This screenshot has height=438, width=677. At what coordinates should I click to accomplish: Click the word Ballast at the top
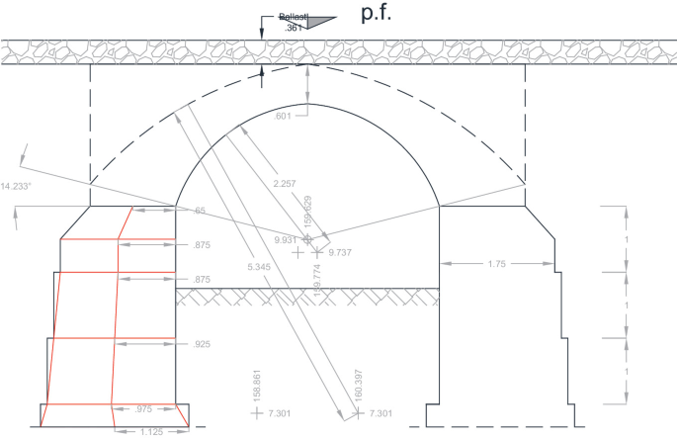click(294, 17)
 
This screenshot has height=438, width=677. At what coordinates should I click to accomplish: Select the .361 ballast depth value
click(294, 29)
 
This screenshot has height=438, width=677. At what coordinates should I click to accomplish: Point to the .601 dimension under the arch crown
click(285, 118)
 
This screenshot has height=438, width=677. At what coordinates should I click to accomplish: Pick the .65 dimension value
click(200, 211)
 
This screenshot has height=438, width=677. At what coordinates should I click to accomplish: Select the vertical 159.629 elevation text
click(307, 214)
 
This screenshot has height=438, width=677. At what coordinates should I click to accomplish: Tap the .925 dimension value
click(202, 344)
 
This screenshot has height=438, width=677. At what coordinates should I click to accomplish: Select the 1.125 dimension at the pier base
click(150, 431)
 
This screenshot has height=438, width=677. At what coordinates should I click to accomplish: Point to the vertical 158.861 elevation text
click(257, 386)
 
